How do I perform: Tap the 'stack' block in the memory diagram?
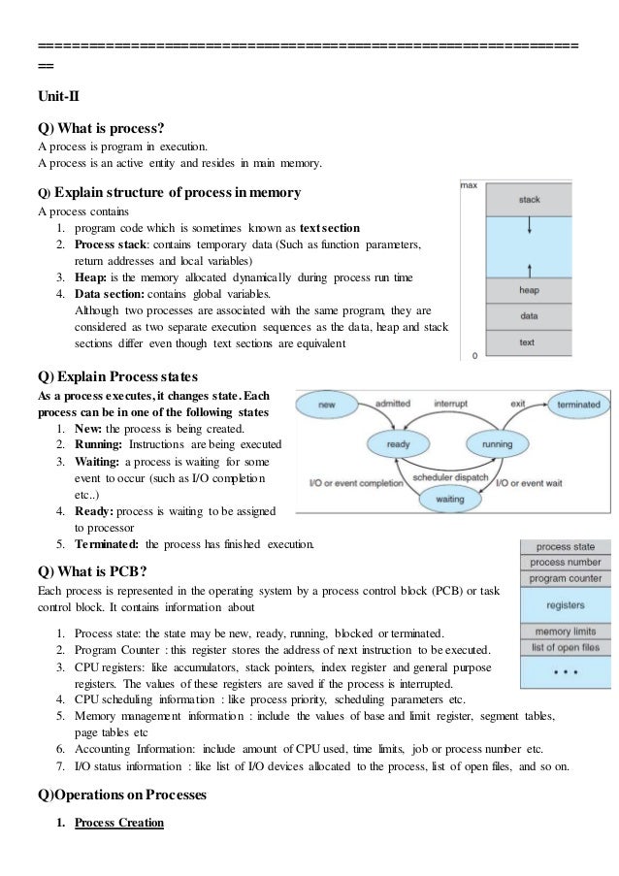529,200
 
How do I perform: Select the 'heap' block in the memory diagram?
529,290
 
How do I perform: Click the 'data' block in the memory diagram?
529,316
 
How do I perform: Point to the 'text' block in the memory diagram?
529,342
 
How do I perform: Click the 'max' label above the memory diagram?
468,184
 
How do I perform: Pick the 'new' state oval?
326,403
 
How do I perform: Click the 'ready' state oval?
398,443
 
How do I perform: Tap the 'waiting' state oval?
448,498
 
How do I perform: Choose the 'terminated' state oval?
577,403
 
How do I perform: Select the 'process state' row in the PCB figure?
566,547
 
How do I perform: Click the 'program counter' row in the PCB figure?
566,578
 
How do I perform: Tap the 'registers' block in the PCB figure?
566,604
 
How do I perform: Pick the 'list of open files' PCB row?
566,647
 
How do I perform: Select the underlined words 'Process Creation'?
119,824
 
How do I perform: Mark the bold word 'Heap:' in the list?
95,276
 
